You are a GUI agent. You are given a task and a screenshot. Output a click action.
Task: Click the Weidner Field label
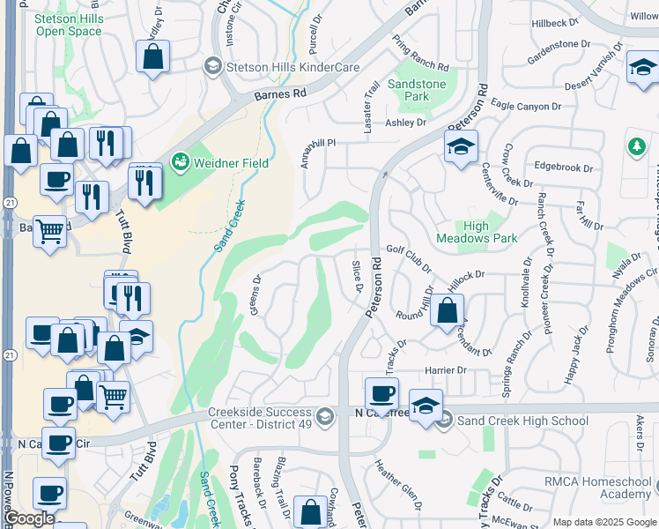tap(232, 162)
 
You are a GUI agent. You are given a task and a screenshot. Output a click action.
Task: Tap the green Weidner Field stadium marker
tap(181, 161)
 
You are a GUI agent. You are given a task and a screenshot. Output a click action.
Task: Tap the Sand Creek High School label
tap(522, 421)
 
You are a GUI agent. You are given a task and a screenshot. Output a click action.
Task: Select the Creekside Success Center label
tap(261, 420)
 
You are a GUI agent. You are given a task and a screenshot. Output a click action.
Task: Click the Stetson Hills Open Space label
tap(69, 24)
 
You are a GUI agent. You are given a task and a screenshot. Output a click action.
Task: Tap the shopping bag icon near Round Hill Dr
tap(448, 310)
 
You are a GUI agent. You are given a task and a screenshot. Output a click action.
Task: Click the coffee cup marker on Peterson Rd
tap(381, 393)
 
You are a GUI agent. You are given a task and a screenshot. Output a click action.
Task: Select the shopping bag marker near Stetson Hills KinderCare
tap(153, 56)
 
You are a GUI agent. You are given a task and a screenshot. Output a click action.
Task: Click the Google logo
tap(29, 518)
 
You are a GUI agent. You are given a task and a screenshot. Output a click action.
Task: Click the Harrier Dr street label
tap(445, 369)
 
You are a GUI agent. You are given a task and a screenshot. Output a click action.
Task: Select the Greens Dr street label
tap(257, 301)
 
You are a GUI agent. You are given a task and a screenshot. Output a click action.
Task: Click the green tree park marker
tap(637, 146)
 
